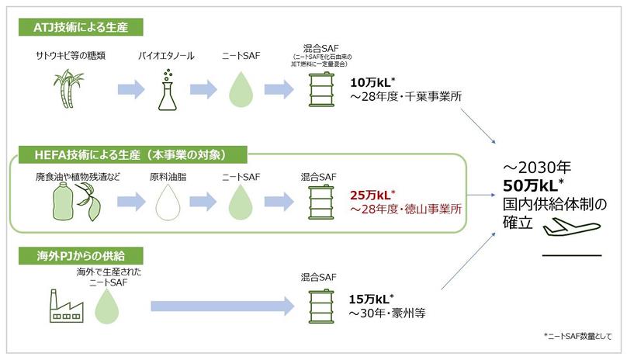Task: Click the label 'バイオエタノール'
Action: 165,57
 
